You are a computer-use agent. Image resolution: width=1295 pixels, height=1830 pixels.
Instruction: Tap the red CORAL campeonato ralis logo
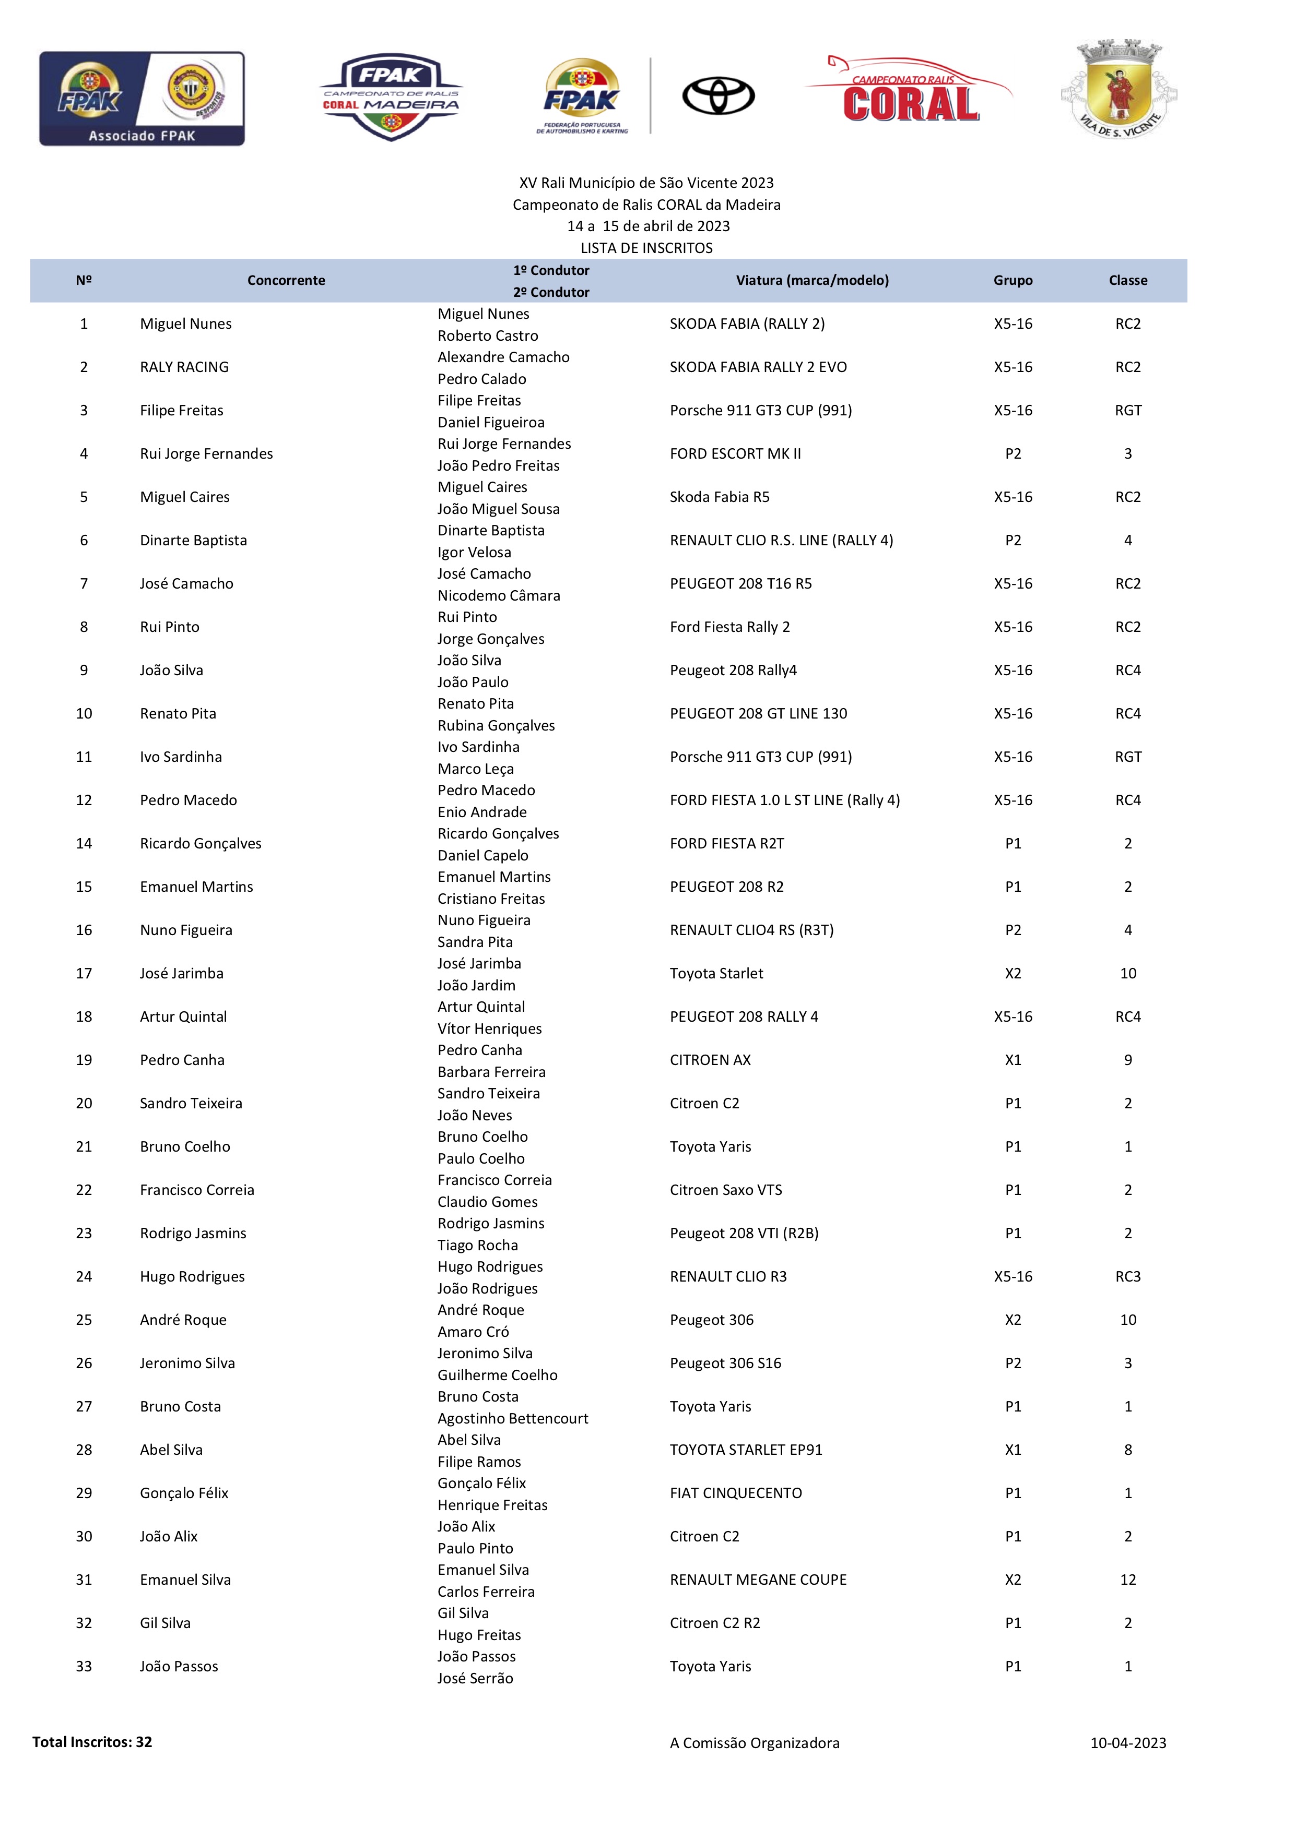(x=910, y=92)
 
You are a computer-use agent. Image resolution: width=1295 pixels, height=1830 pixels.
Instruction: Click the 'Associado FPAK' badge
(x=142, y=99)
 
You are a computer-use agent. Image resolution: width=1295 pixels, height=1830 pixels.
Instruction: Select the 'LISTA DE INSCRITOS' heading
(x=646, y=248)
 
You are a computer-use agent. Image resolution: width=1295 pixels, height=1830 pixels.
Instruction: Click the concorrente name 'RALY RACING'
(x=184, y=367)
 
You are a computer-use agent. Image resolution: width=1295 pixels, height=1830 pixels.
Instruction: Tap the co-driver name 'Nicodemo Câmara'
(x=498, y=595)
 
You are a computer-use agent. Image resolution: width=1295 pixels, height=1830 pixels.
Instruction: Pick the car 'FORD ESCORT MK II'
(x=735, y=453)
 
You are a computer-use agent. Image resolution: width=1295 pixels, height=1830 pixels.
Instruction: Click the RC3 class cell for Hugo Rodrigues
(x=1127, y=1276)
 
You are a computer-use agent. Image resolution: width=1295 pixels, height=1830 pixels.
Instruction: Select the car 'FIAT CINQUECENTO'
(x=735, y=1493)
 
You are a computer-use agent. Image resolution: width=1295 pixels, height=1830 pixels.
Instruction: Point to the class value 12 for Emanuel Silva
(x=1127, y=1579)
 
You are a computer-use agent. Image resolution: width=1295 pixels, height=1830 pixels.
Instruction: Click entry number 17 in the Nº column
(x=84, y=973)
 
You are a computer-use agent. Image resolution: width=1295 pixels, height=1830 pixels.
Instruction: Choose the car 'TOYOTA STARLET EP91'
(x=746, y=1449)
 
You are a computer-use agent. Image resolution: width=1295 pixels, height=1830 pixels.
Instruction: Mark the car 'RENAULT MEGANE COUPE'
(x=758, y=1579)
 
